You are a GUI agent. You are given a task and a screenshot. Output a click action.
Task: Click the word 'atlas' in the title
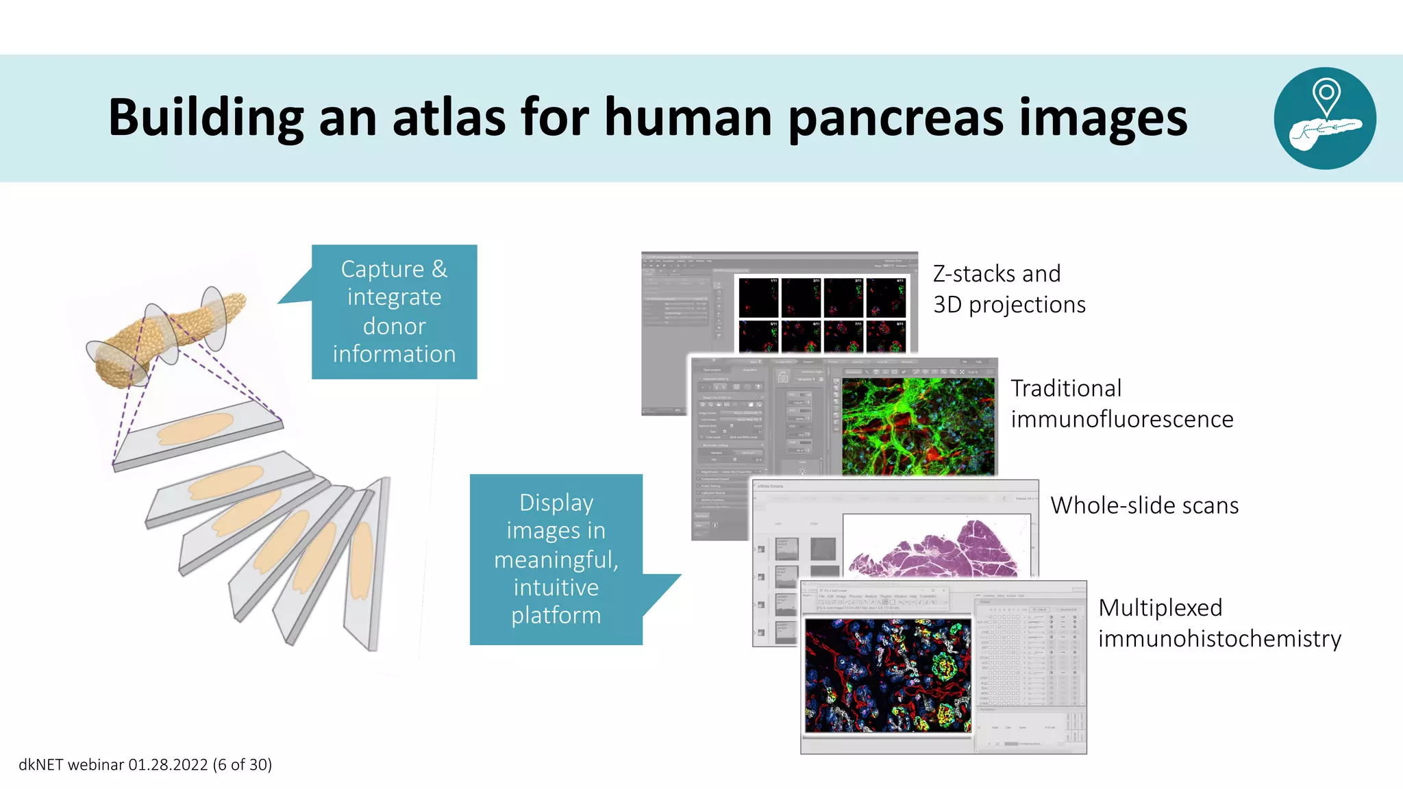450,118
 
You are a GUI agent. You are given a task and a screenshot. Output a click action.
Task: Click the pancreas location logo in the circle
1324,118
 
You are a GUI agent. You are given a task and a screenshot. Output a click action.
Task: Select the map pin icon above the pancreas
1326,95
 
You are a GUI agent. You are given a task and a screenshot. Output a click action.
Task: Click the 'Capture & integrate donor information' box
394,312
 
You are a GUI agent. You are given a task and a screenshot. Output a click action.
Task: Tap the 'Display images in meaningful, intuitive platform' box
556,559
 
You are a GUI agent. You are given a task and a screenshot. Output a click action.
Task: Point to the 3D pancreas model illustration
168,335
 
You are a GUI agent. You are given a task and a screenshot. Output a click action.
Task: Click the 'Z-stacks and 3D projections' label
1008,289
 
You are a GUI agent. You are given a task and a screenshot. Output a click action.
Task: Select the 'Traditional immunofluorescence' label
1121,403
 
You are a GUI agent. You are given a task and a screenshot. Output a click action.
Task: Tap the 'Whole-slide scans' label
1144,505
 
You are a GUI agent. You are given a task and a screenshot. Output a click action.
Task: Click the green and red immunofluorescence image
917,426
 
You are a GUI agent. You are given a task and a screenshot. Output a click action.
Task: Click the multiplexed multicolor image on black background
887,675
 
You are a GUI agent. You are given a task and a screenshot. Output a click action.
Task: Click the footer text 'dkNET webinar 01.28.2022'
113,764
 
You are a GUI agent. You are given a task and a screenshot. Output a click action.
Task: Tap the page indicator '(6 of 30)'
242,764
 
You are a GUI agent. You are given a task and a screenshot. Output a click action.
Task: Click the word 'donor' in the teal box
394,326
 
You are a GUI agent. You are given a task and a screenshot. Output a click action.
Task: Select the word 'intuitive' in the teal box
556,588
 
